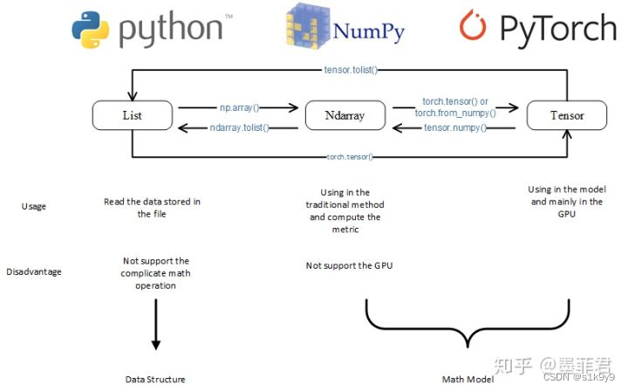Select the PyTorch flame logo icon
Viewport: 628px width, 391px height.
pos(473,27)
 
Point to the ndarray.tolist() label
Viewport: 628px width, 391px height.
pos(240,127)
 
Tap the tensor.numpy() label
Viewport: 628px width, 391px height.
pos(454,127)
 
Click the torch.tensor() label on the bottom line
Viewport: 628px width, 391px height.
pos(349,156)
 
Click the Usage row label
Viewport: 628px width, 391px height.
pos(34,207)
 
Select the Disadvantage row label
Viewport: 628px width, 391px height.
pos(34,271)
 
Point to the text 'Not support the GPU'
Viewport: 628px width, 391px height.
pos(349,265)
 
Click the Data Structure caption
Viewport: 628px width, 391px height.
pos(155,380)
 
